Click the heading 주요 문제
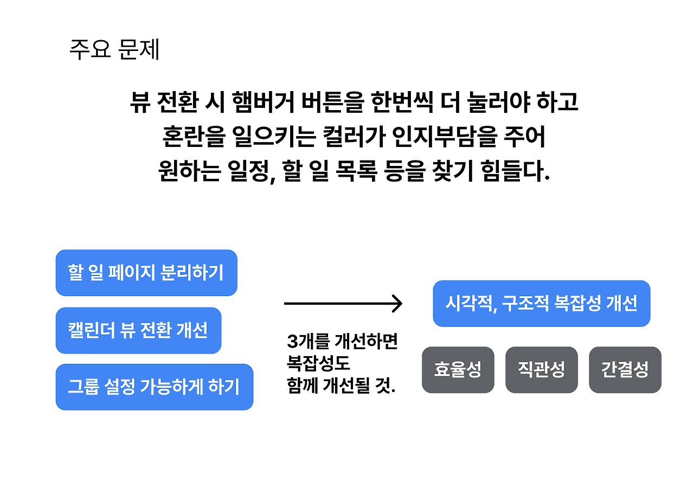point(114,50)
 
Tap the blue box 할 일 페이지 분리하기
point(146,273)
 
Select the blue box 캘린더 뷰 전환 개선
point(138,330)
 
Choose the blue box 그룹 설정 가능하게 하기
point(154,387)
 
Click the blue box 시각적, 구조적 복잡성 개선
point(541,303)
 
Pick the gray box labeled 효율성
point(458,370)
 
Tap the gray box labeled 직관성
point(541,370)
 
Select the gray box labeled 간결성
point(625,370)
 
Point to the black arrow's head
point(399,304)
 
